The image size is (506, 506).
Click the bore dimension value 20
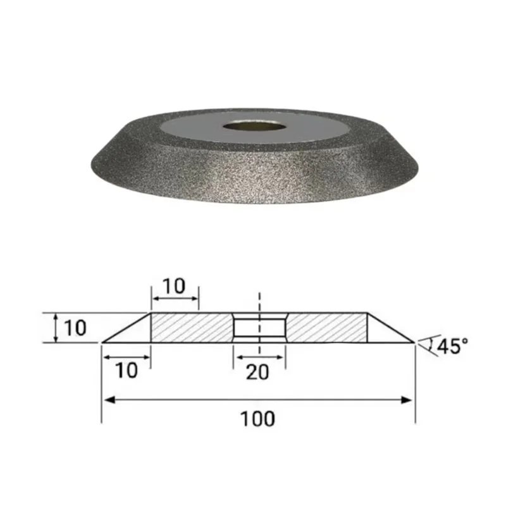tap(257, 372)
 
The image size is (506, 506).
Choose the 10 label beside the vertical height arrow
tap(74, 328)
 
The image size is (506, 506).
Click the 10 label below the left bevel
tap(126, 371)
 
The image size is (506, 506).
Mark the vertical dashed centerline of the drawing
tap(260, 304)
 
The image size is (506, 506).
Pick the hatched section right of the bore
tap(326, 328)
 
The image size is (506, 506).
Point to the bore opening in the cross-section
tap(259, 328)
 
